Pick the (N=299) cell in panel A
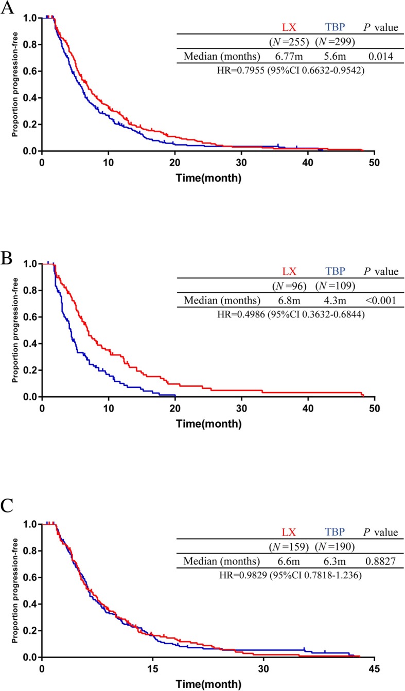click(x=334, y=42)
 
